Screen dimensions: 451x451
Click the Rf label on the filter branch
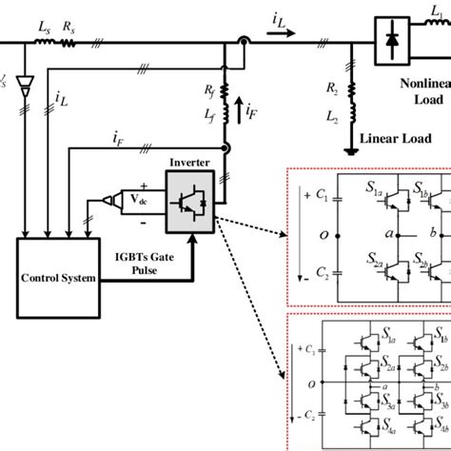coord(206,93)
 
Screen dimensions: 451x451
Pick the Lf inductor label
coord(206,114)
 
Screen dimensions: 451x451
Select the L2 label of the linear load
coord(332,116)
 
